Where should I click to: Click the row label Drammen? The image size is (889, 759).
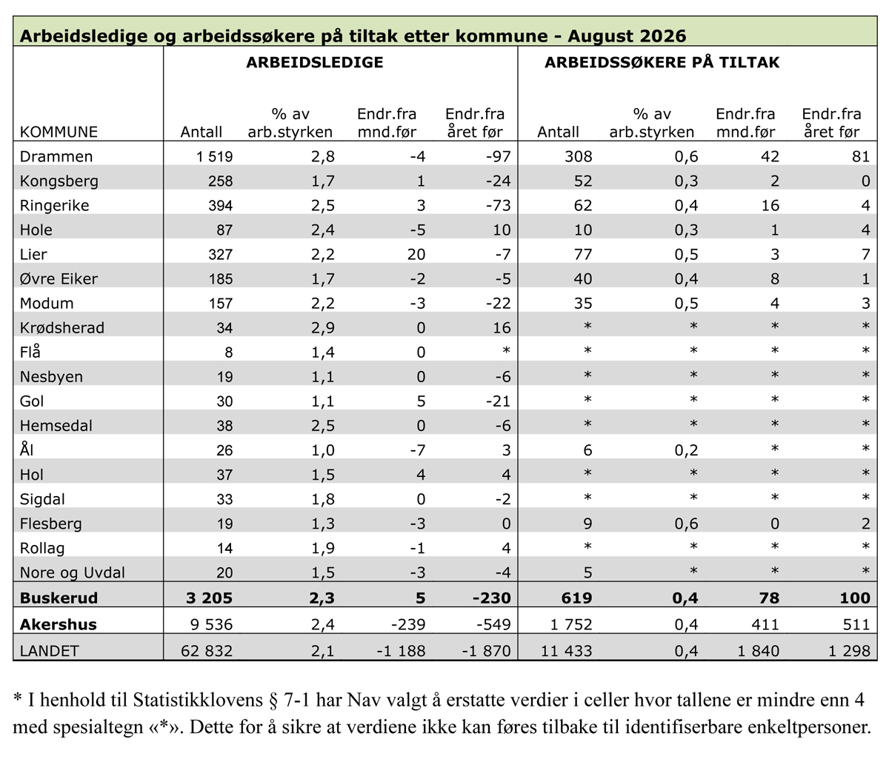click(x=56, y=156)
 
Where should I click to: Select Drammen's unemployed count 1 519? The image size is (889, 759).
click(x=214, y=156)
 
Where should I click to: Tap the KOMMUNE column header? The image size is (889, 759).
click(x=59, y=132)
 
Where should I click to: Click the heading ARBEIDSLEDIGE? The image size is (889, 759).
click(x=314, y=62)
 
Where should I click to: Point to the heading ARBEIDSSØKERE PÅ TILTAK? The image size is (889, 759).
click(x=662, y=62)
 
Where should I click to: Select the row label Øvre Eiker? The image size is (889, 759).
click(x=59, y=279)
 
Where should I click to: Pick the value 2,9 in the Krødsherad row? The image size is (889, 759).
click(x=322, y=328)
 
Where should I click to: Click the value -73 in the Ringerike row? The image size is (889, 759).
click(x=498, y=205)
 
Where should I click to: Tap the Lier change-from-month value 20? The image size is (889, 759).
click(x=416, y=255)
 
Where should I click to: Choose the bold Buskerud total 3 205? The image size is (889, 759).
click(x=209, y=598)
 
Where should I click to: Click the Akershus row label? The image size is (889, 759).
click(x=58, y=624)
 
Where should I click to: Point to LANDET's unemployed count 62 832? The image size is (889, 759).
click(x=207, y=651)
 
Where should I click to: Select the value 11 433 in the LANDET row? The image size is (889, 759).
click(x=566, y=651)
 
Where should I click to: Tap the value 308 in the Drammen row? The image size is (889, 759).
click(x=578, y=156)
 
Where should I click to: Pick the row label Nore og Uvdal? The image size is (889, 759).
click(x=73, y=573)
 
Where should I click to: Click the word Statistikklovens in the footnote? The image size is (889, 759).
click(x=197, y=700)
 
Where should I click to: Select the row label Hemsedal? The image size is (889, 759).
click(x=56, y=426)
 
